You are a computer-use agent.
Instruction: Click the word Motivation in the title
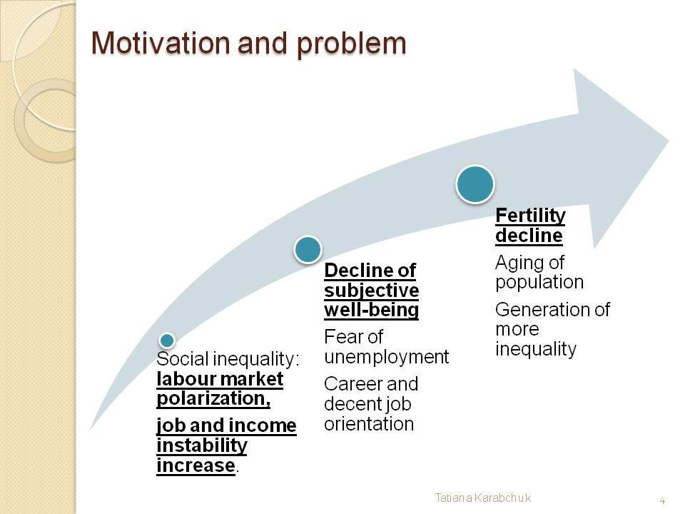pos(161,43)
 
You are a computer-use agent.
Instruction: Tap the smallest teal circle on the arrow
pos(167,340)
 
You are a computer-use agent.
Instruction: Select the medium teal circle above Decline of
pos(308,250)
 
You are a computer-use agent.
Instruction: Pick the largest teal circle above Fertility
pos(475,184)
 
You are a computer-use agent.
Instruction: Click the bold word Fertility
pos(530,216)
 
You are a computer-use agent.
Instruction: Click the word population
pos(539,283)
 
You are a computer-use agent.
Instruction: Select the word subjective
pos(371,291)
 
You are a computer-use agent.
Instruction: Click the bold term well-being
pos(371,310)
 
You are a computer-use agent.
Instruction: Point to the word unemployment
pos(387,358)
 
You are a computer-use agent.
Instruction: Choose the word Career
pos(353,384)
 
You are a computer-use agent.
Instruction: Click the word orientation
pos(369,423)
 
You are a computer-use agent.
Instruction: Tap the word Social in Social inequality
pos(183,359)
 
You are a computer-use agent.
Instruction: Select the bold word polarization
pos(213,398)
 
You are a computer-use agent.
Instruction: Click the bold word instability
pos(202,445)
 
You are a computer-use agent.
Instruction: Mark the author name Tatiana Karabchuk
pos(483,498)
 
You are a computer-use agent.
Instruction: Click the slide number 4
pos(662,500)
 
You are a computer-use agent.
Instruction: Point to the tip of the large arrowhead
pos(669,141)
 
